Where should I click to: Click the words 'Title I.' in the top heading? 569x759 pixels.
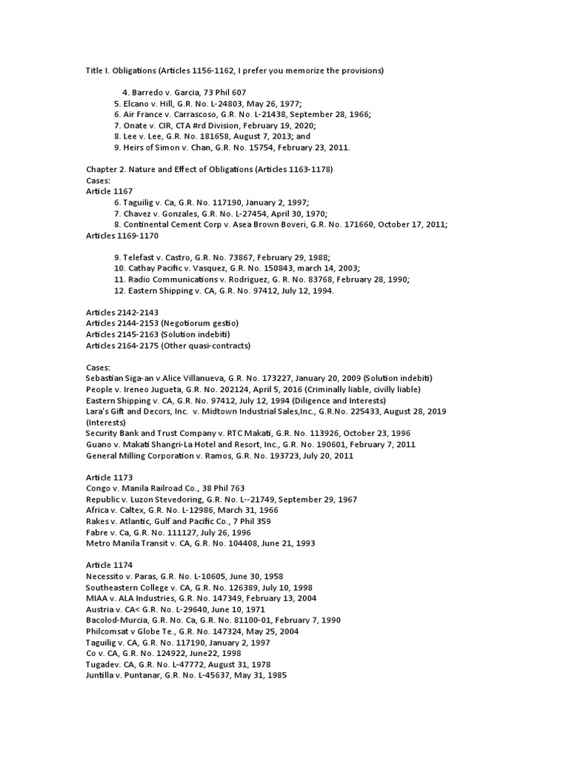coord(99,70)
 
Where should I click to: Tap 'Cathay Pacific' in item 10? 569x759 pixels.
coord(156,268)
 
